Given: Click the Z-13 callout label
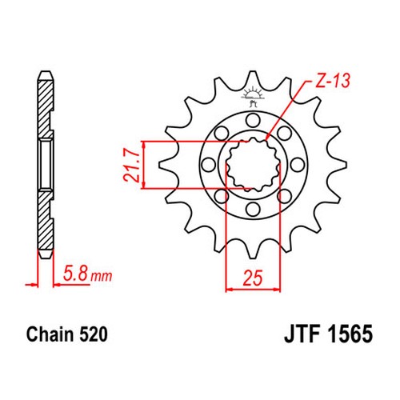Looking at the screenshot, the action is pos(333,81).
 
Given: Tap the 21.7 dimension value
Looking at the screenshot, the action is pos(132,166).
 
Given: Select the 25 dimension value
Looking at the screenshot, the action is pos(253,278).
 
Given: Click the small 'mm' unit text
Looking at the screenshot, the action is pos(102,277).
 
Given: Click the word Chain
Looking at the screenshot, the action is pos(50,334).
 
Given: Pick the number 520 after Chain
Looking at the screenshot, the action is pos(94,334).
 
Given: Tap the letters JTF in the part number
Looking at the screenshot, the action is pos(303,334).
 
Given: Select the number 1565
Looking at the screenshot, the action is pos(350,334).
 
